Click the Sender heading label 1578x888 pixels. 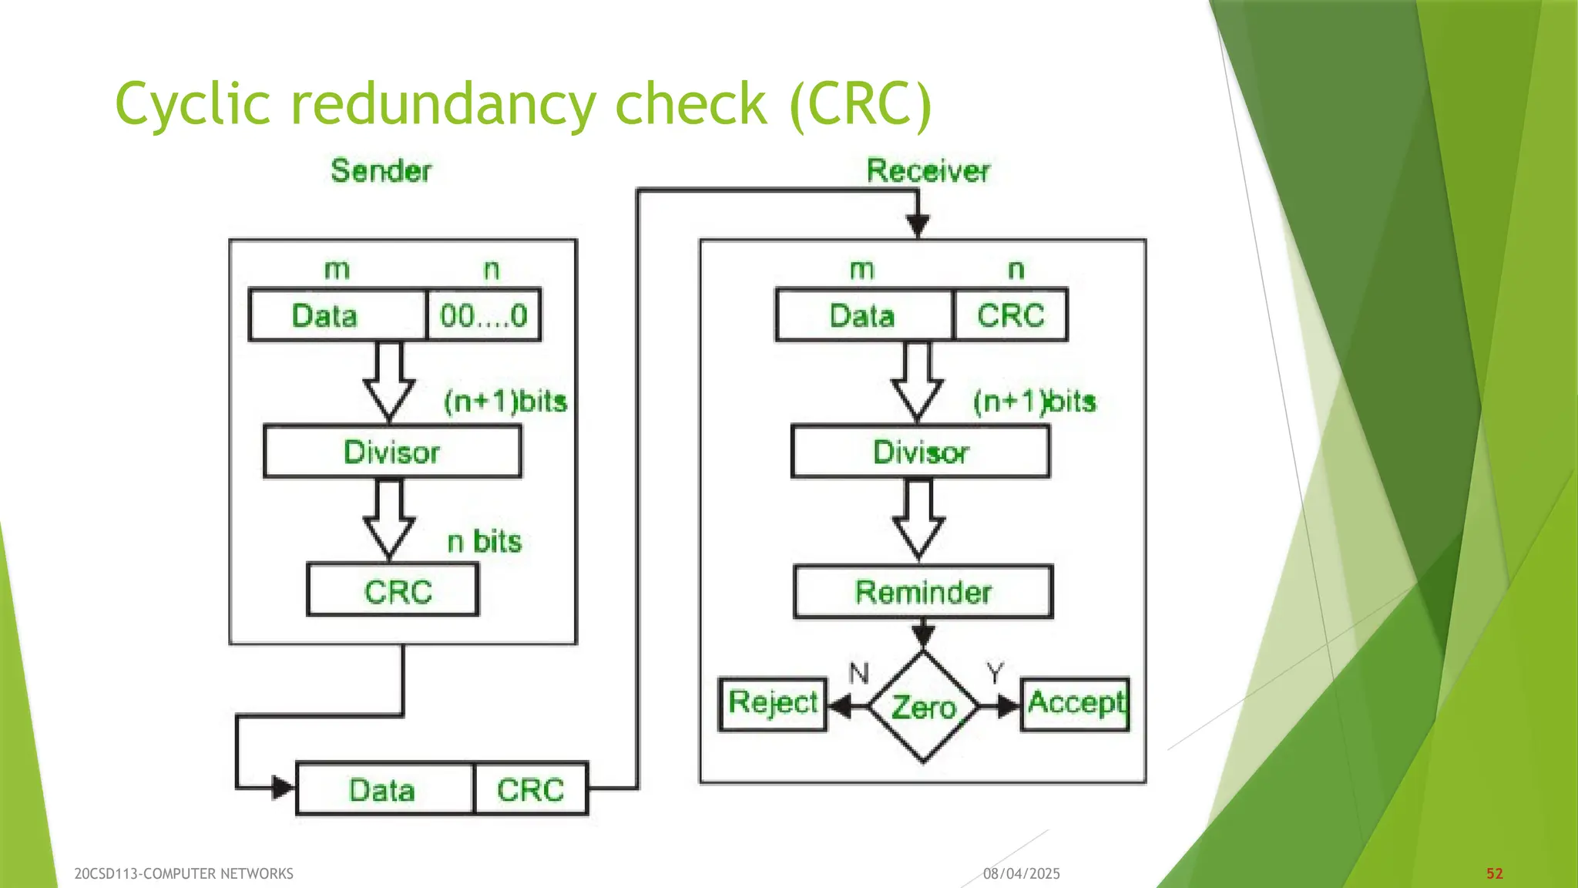pos(381,170)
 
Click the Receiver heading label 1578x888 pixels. pos(928,170)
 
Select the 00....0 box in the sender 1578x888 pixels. pos(483,315)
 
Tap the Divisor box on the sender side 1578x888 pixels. pos(392,452)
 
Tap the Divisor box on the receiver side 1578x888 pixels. pos(921,452)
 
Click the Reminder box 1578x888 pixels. pos(923,592)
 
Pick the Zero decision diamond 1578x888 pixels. pos(923,707)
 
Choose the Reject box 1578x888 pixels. pos(773,704)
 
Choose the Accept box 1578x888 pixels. pos(1076,704)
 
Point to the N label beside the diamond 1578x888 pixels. pos(858,674)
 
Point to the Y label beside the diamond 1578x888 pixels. pos(995,674)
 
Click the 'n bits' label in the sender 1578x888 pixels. pos(485,542)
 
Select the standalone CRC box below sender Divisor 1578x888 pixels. pos(393,591)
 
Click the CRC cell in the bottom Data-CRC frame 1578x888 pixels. pos(531,789)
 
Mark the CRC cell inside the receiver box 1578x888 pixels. pos(1010,315)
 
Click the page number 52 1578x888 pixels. pos(1495,873)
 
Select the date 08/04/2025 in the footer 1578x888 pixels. pos(1022,873)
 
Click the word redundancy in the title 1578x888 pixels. pos(442,104)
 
